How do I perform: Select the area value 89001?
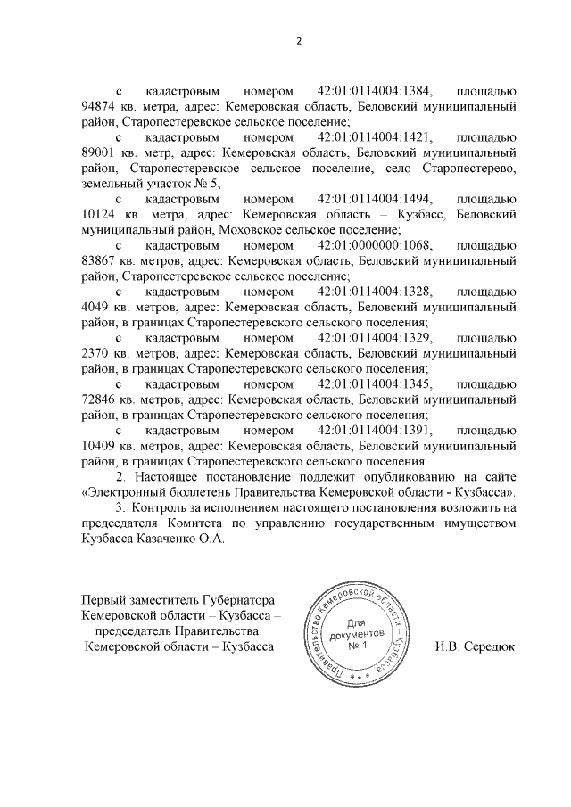(x=99, y=152)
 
